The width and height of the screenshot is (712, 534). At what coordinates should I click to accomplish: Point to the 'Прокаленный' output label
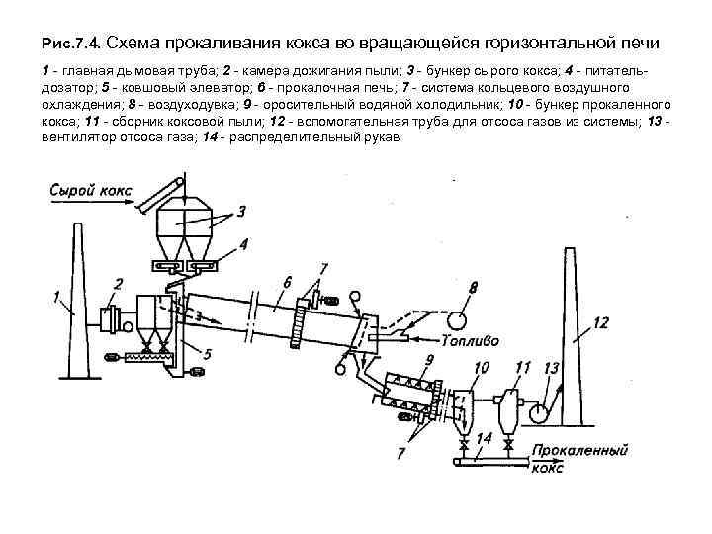579,450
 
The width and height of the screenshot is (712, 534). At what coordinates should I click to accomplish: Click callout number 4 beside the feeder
243,243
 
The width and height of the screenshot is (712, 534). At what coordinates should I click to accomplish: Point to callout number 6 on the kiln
286,282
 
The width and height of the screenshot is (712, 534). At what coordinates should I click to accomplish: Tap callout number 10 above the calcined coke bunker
482,368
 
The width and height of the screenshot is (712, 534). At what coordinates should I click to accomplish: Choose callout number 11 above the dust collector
523,368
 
